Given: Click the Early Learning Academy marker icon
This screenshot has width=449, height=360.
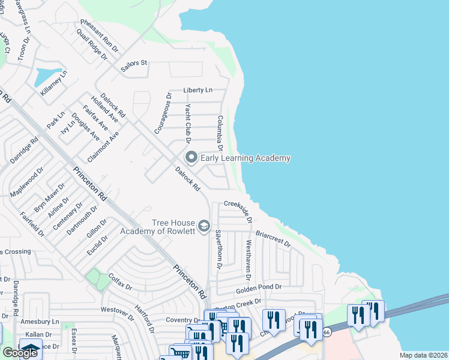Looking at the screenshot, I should (x=191, y=158).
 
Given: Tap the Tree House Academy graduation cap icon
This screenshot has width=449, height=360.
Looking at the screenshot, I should (x=203, y=226).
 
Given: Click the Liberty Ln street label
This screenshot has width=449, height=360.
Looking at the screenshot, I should (x=198, y=90).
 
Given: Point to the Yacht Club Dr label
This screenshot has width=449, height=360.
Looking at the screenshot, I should (x=188, y=124).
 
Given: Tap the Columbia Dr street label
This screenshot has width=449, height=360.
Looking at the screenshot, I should (x=220, y=133).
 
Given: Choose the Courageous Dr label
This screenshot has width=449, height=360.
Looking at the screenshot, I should (x=161, y=113).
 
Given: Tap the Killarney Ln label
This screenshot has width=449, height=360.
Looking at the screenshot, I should (x=54, y=83).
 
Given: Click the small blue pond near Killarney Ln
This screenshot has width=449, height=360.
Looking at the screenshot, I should (x=44, y=77).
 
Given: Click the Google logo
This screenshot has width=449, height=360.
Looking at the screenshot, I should (x=20, y=353).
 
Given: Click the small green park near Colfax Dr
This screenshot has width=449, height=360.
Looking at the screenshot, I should (x=94, y=278).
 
